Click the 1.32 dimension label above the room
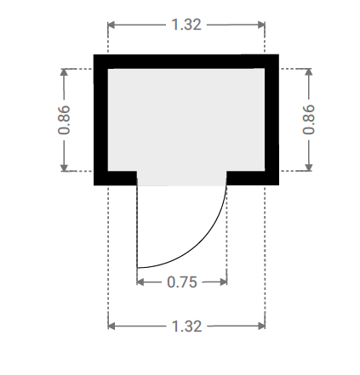point(186,25)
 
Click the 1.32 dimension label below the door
point(187,327)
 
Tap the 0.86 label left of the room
point(64,120)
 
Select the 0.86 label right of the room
point(309,119)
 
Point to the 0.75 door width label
point(182,282)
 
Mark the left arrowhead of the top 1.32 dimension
point(111,25)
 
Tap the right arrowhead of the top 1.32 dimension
point(261,25)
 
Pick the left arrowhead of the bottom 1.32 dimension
point(111,326)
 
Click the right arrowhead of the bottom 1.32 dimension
point(261,326)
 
